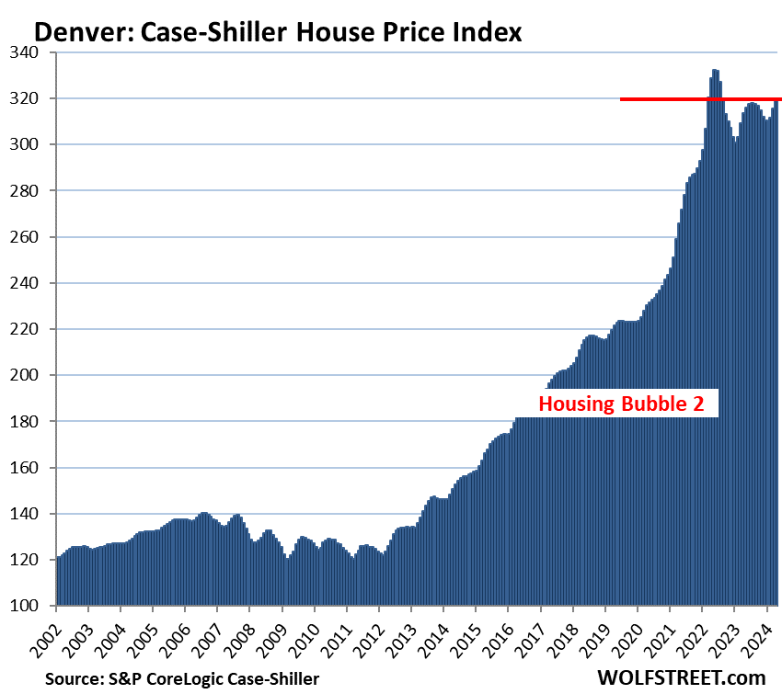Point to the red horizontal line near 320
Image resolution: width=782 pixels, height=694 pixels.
click(x=699, y=98)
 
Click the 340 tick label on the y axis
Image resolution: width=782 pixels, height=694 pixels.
click(x=33, y=52)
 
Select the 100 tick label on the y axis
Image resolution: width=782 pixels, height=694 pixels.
click(x=33, y=606)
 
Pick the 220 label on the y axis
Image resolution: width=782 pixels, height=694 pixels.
click(x=33, y=329)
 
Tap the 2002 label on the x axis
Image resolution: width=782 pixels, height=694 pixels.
click(x=53, y=631)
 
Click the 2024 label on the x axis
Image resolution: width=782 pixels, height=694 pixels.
click(x=763, y=631)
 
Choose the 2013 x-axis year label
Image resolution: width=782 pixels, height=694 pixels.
click(x=408, y=631)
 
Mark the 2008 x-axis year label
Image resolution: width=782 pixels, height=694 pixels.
click(x=247, y=631)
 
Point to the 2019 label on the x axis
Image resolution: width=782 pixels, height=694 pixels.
click(x=602, y=631)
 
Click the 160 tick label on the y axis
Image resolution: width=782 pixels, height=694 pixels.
click(x=33, y=468)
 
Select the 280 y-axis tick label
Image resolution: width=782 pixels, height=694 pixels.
click(x=33, y=191)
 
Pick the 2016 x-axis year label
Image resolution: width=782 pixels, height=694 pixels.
click(x=505, y=631)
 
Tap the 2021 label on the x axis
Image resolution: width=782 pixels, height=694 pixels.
click(x=666, y=631)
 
